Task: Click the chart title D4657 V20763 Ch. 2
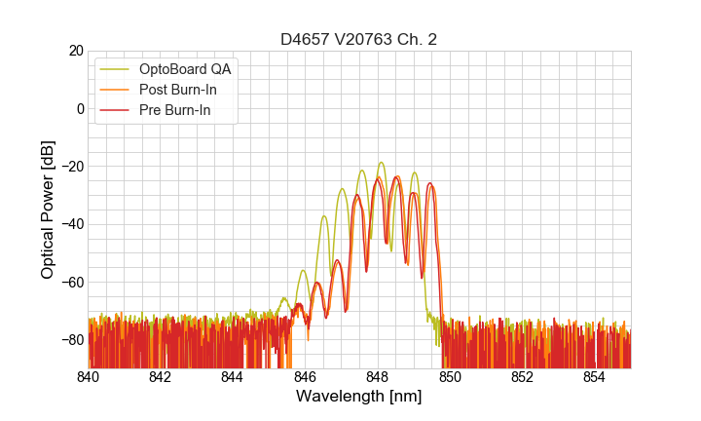pyautogui.click(x=358, y=39)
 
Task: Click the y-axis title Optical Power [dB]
pyautogui.click(x=48, y=210)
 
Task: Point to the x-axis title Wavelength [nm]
pyautogui.click(x=358, y=398)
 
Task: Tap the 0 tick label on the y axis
pyautogui.click(x=81, y=108)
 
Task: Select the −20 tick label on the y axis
pyautogui.click(x=71, y=167)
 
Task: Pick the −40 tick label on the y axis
pyautogui.click(x=71, y=224)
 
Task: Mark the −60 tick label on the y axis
pyautogui.click(x=71, y=282)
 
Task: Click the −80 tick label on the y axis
pyautogui.click(x=71, y=340)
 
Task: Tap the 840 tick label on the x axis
pyautogui.click(x=89, y=377)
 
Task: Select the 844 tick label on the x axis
pyautogui.click(x=233, y=377)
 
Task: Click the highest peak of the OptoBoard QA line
pyautogui.click(x=381, y=163)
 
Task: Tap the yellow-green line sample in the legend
pyautogui.click(x=115, y=69)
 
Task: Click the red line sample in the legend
pyautogui.click(x=115, y=110)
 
